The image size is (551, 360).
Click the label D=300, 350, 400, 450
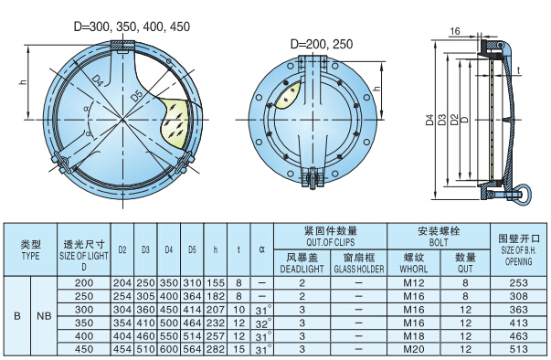pyautogui.click(x=132, y=26)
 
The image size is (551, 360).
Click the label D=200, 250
pyautogui.click(x=321, y=44)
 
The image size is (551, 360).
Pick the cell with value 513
pyautogui.click(x=518, y=348)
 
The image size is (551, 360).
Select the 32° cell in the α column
pyautogui.click(x=262, y=323)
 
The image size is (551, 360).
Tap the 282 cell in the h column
pyautogui.click(x=216, y=348)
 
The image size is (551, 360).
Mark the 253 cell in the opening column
pyautogui.click(x=518, y=284)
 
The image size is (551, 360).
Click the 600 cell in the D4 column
pyautogui.click(x=169, y=348)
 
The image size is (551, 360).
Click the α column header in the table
pyautogui.click(x=262, y=249)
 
